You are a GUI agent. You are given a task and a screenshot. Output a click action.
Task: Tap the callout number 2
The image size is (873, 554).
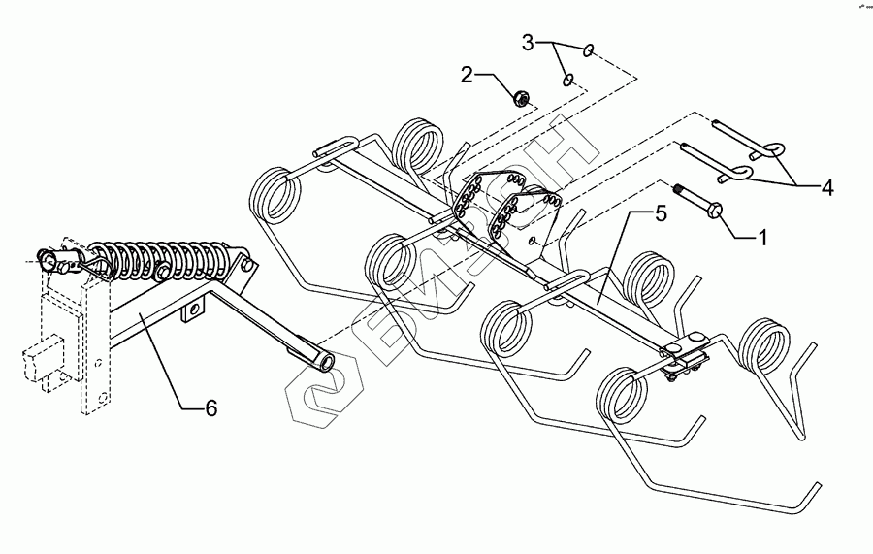(468, 75)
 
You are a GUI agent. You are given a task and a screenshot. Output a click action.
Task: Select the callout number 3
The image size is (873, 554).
(528, 44)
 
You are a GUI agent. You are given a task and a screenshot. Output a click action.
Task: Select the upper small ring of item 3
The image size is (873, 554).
(591, 49)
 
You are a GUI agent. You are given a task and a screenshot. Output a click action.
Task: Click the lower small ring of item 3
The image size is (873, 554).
(570, 80)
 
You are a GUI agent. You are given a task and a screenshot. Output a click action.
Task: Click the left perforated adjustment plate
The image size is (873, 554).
(471, 199)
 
